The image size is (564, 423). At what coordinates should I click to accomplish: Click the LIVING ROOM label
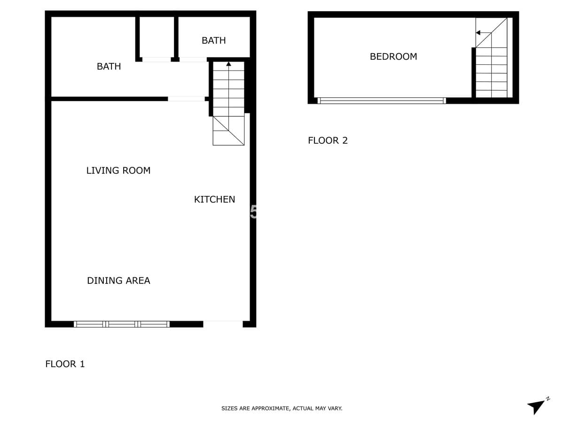pyautogui.click(x=118, y=171)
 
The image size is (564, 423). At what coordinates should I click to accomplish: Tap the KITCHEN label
pyautogui.click(x=214, y=200)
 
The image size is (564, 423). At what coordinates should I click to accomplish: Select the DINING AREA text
pyautogui.click(x=118, y=281)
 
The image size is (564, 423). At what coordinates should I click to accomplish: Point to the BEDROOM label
pyautogui.click(x=393, y=56)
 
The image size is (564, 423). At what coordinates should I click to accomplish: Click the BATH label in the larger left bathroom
pyautogui.click(x=109, y=67)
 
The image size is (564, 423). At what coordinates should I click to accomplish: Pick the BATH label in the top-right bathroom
pyautogui.click(x=213, y=40)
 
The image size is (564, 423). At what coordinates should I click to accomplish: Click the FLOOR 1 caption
pyautogui.click(x=65, y=364)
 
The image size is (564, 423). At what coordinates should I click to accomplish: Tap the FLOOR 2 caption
pyautogui.click(x=328, y=141)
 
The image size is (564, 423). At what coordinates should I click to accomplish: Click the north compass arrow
pyautogui.click(x=536, y=407)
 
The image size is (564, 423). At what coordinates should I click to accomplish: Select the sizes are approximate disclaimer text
pyautogui.click(x=282, y=408)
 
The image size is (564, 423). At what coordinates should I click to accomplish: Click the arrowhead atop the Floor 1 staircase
pyautogui.click(x=228, y=64)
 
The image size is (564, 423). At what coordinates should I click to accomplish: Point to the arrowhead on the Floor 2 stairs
pyautogui.click(x=478, y=33)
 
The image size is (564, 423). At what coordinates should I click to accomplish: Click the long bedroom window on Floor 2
pyautogui.click(x=382, y=101)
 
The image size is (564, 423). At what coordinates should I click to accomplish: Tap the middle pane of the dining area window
pyautogui.click(x=122, y=324)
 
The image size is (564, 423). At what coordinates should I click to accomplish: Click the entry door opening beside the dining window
pyautogui.click(x=223, y=324)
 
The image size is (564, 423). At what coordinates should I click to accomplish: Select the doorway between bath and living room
pyautogui.click(x=186, y=99)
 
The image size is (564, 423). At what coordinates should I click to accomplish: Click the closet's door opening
pyautogui.click(x=157, y=60)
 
